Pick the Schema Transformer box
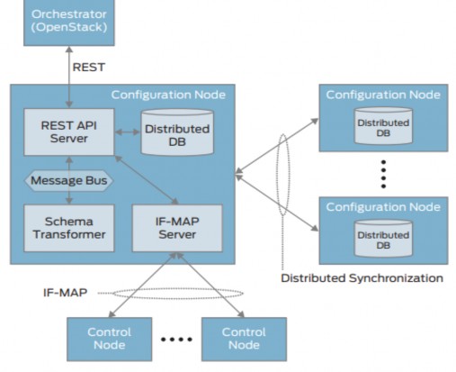(x=65, y=228)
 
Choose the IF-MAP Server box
(x=176, y=228)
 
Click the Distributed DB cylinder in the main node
(x=177, y=131)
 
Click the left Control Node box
(x=109, y=339)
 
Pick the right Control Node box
(x=244, y=339)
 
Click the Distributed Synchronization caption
(x=362, y=277)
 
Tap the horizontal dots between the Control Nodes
(x=176, y=340)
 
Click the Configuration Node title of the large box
(x=168, y=95)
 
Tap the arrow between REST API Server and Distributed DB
(x=126, y=131)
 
